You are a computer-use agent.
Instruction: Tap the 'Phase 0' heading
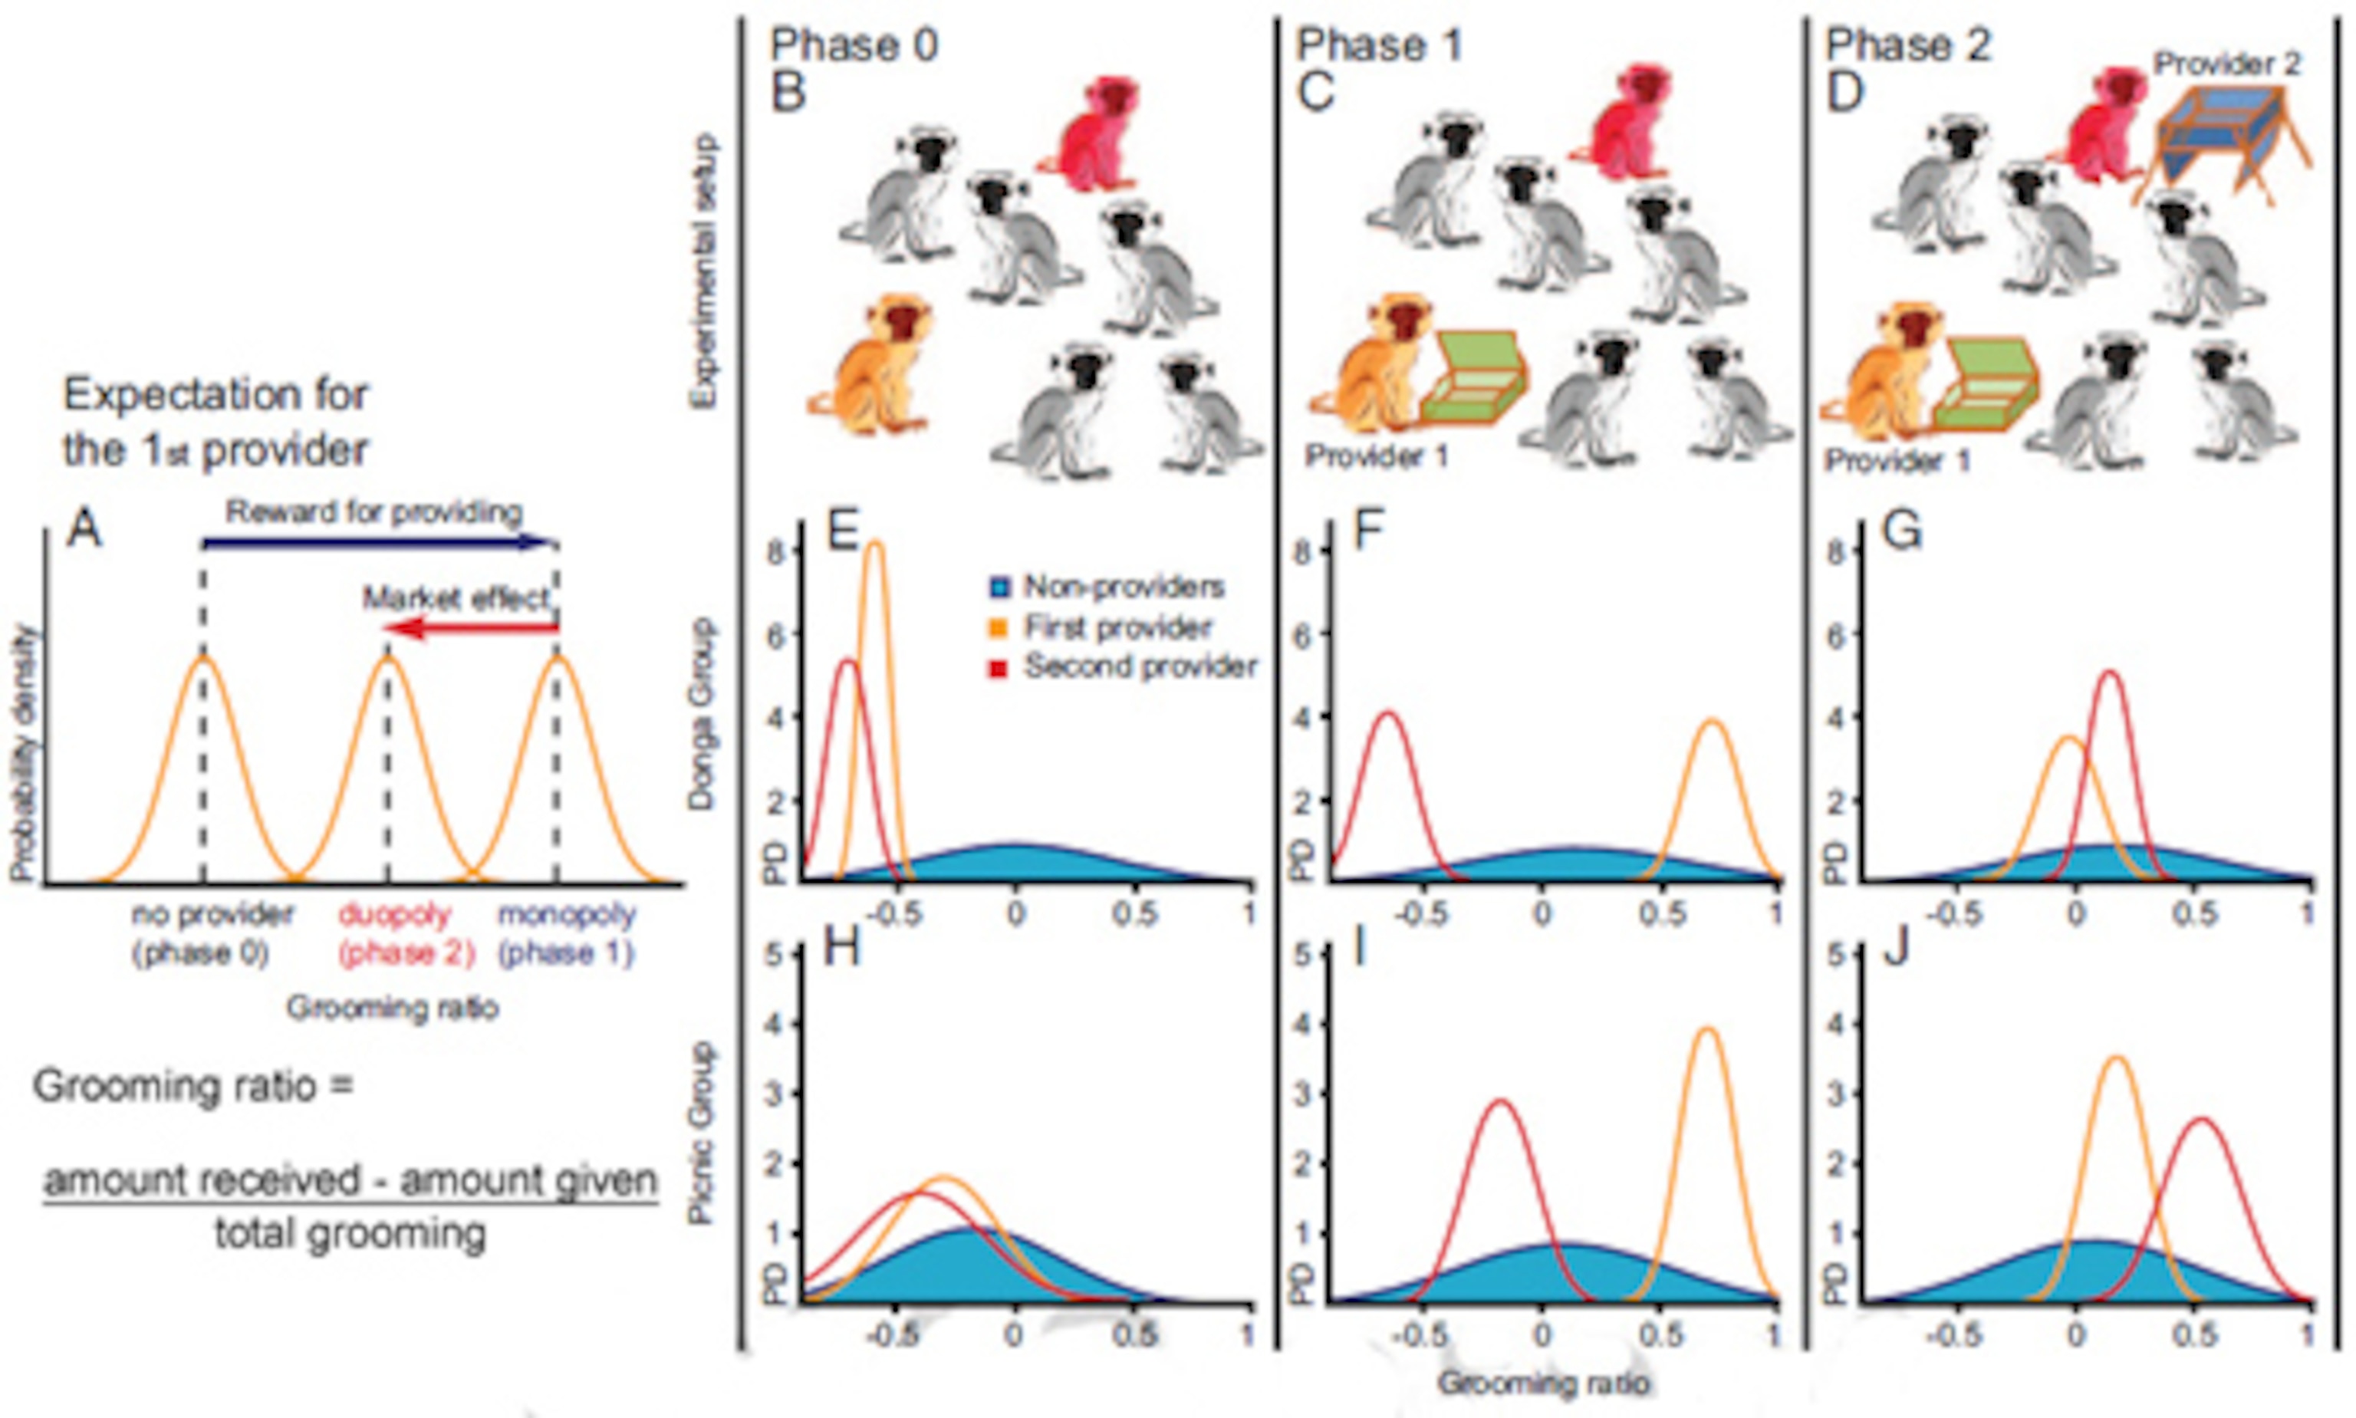(853, 45)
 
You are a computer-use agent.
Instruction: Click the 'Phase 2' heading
(1907, 45)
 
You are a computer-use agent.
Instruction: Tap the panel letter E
(841, 531)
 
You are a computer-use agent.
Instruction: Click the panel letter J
(1896, 949)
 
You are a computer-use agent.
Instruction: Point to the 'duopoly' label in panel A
(393, 914)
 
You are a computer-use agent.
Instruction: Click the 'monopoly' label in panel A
(567, 914)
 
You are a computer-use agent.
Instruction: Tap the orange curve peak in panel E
(874, 544)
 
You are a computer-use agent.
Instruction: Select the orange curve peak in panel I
(1707, 1030)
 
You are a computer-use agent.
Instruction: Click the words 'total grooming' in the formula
(350, 1234)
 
